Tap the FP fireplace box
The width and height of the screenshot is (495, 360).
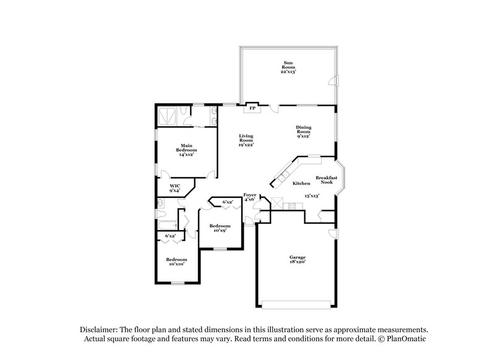point(252,108)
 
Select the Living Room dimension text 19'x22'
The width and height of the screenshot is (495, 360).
point(247,145)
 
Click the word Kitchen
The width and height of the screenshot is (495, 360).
point(301,184)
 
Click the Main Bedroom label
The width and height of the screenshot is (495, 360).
point(187,148)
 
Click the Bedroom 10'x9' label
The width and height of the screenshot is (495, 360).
point(220,228)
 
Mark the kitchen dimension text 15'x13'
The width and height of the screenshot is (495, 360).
point(311,196)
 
